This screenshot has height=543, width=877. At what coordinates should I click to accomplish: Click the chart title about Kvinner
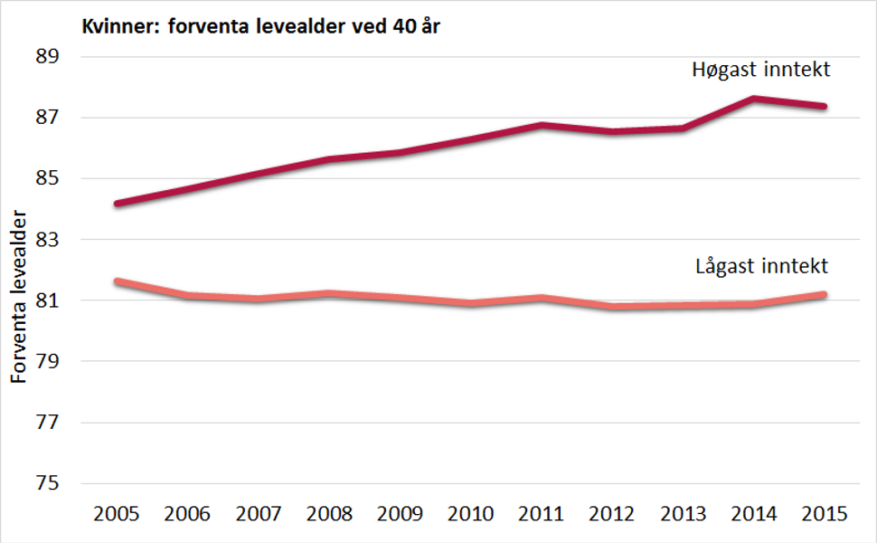261,25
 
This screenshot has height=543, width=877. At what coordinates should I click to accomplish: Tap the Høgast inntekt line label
760,70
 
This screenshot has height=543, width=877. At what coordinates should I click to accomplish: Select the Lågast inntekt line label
762,266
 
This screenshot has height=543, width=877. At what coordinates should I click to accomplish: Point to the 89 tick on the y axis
46,57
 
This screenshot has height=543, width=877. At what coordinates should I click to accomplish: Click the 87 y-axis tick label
46,118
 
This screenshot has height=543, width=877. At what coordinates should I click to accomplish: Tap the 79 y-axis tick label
46,362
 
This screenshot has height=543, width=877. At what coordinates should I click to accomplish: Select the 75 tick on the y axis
46,483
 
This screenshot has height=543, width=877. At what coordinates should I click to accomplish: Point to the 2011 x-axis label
541,514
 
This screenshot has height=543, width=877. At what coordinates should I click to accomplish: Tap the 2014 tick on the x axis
754,514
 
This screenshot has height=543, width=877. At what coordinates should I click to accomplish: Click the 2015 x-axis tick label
825,514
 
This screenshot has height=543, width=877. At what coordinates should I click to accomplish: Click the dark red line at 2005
116,204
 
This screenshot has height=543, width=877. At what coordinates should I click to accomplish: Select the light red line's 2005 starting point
116,281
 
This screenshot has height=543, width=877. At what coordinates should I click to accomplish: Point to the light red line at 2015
825,294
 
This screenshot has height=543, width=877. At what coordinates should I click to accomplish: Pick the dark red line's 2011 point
541,125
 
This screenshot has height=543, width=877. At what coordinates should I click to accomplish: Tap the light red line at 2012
612,307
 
